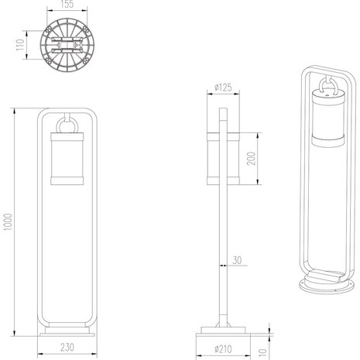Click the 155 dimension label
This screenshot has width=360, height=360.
67,5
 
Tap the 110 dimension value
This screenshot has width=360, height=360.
20,45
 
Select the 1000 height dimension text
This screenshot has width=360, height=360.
8,222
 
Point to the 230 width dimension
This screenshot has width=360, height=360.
67,348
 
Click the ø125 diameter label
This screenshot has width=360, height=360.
223,87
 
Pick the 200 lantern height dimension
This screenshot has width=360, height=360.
251,159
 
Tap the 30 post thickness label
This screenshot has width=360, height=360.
237,260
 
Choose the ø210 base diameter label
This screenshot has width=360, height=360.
223,349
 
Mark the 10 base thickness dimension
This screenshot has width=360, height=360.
262,353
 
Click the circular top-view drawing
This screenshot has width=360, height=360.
67,45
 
